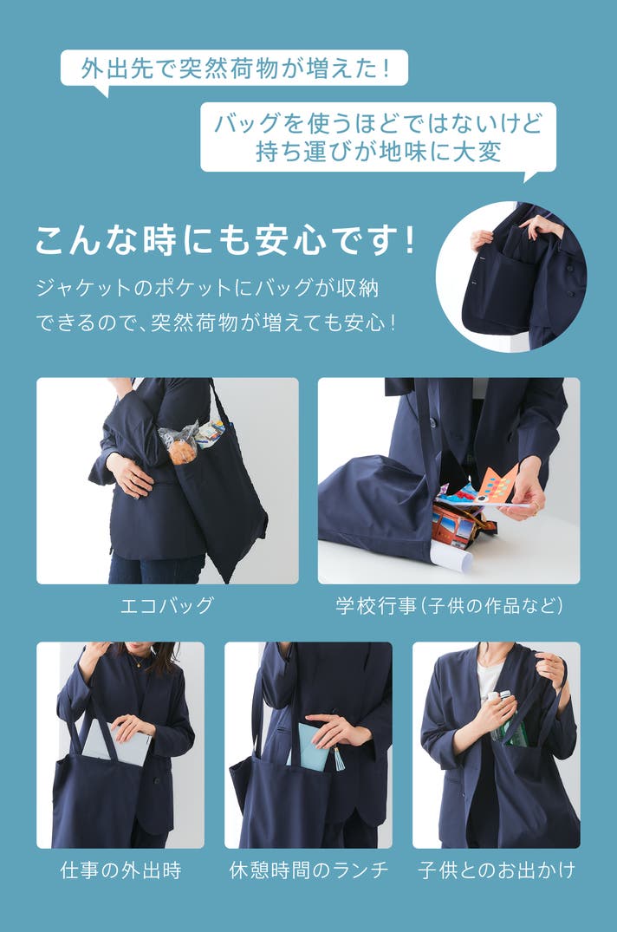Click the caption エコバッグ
(166, 606)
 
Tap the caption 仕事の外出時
(120, 870)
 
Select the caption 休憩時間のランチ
(308, 870)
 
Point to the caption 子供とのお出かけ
(497, 870)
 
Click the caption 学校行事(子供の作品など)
(449, 606)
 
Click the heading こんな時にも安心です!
(224, 241)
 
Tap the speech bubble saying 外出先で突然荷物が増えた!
(235, 70)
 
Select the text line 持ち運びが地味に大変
(379, 152)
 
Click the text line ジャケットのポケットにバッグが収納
(207, 289)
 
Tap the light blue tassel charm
(340, 758)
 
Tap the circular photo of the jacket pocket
(511, 277)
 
